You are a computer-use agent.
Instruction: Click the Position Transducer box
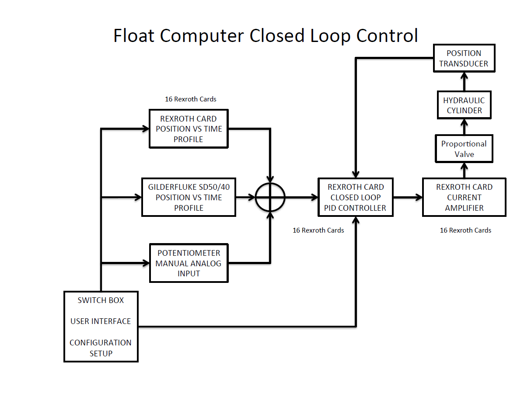click(464, 59)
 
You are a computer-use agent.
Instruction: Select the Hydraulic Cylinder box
click(464, 105)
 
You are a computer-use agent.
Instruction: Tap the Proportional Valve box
click(464, 149)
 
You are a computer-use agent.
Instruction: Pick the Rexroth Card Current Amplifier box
click(464, 197)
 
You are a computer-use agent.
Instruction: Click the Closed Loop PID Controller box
click(355, 197)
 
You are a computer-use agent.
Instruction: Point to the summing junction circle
click(270, 197)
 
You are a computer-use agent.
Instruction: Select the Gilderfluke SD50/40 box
click(189, 197)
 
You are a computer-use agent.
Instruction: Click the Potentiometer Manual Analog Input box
click(189, 263)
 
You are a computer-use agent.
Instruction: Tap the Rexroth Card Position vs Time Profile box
click(189, 129)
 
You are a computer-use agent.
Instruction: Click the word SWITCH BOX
click(101, 300)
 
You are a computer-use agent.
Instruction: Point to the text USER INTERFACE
click(101, 321)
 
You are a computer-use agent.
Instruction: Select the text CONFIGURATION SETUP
click(101, 348)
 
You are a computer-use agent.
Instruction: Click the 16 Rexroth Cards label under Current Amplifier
click(465, 230)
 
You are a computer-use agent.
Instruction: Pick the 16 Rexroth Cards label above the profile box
click(190, 99)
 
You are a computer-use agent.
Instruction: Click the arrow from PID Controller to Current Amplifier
click(407, 197)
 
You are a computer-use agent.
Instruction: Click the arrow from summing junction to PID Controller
click(301, 197)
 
